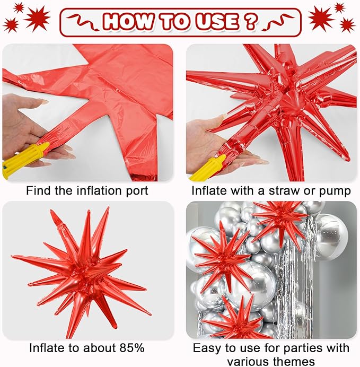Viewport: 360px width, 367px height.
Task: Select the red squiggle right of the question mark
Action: (x=278, y=22)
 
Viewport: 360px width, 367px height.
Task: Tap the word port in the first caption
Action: (x=137, y=191)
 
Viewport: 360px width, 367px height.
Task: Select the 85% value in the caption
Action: (x=131, y=348)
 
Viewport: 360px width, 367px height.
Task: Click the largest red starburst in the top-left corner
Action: (x=38, y=18)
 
